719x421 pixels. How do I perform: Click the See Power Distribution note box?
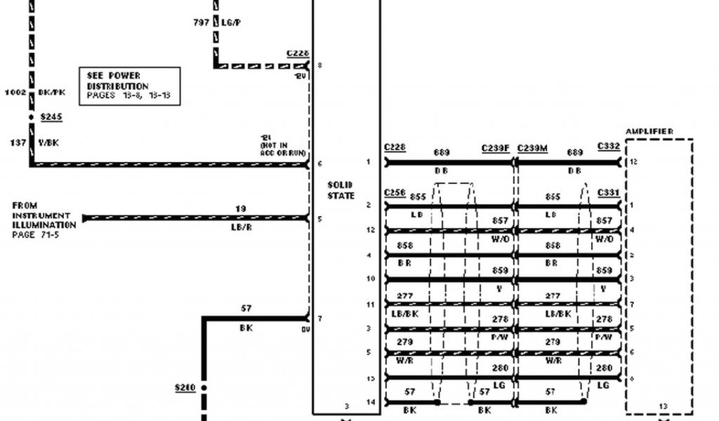(129, 86)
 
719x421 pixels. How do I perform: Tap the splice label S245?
(51, 116)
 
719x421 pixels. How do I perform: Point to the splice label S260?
(185, 387)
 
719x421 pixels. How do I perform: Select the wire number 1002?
(15, 92)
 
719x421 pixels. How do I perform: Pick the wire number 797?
(201, 22)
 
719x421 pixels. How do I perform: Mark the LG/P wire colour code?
(232, 22)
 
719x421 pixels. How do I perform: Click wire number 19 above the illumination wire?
(241, 208)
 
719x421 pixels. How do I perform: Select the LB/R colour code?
(242, 228)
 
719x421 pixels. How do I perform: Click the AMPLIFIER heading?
(649, 131)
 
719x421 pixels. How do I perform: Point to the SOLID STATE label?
(341, 190)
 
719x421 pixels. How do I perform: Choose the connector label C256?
(395, 192)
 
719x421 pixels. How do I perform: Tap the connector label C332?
(608, 146)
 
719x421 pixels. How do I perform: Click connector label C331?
(608, 192)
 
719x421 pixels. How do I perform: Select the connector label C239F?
(496, 148)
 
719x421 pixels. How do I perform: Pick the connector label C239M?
(533, 148)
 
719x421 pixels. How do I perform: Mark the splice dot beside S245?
(31, 116)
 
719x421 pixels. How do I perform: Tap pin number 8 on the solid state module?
(320, 65)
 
